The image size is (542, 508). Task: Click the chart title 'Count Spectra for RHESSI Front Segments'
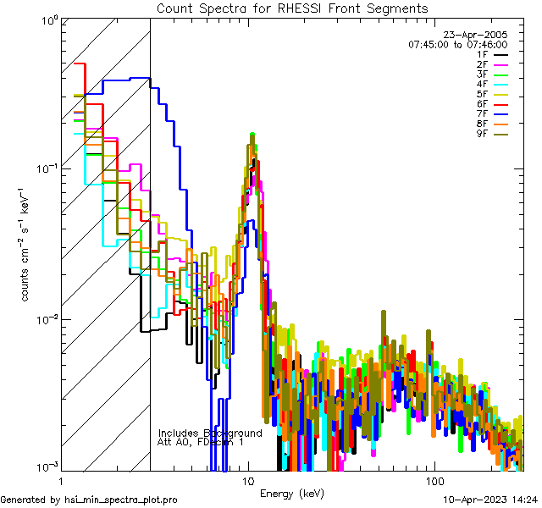tap(292, 8)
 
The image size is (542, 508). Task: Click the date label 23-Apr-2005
tap(482, 35)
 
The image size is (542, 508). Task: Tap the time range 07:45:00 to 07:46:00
tap(457, 45)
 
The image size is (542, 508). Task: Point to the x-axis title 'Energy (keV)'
tap(292, 493)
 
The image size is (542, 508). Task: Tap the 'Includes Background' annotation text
tap(210, 433)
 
